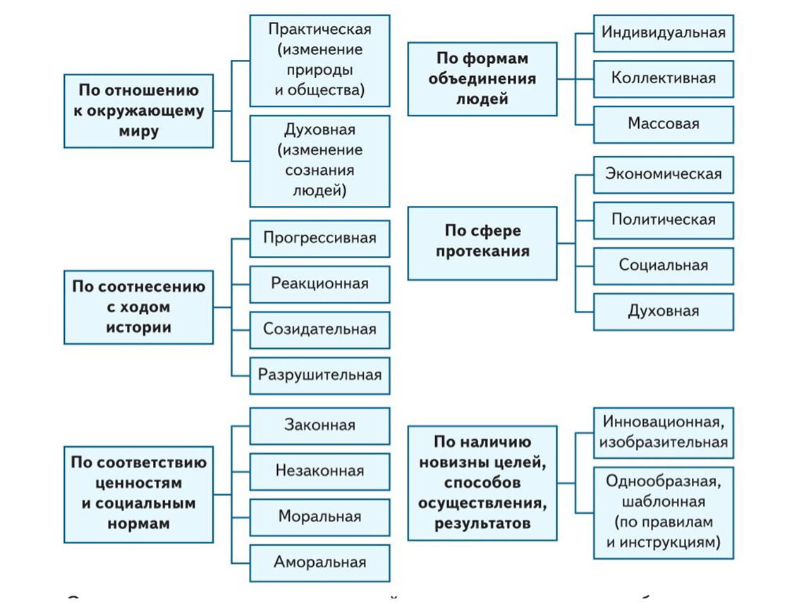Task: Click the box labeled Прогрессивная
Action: pyautogui.click(x=319, y=238)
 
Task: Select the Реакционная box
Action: pyautogui.click(x=319, y=284)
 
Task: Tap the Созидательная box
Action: pyautogui.click(x=319, y=329)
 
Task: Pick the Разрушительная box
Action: pyautogui.click(x=319, y=375)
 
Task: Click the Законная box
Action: pyautogui.click(x=319, y=426)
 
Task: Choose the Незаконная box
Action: pyautogui.click(x=319, y=472)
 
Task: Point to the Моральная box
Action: pyautogui.click(x=319, y=517)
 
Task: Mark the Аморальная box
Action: pyautogui.click(x=319, y=562)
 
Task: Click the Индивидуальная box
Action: pyautogui.click(x=663, y=33)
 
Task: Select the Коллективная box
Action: pyautogui.click(x=663, y=78)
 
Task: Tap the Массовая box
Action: pyautogui.click(x=663, y=124)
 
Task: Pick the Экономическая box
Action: pyautogui.click(x=663, y=174)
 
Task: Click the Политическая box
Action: pyautogui.click(x=663, y=220)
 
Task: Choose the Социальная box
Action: pyautogui.click(x=663, y=266)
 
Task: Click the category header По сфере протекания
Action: pyautogui.click(x=482, y=242)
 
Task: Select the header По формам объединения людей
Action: pyautogui.click(x=482, y=78)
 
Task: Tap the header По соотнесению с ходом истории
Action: pyautogui.click(x=138, y=307)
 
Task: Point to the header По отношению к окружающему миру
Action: pyautogui.click(x=138, y=111)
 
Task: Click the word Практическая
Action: pyautogui.click(x=319, y=30)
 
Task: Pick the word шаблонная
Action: pyautogui.click(x=663, y=503)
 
